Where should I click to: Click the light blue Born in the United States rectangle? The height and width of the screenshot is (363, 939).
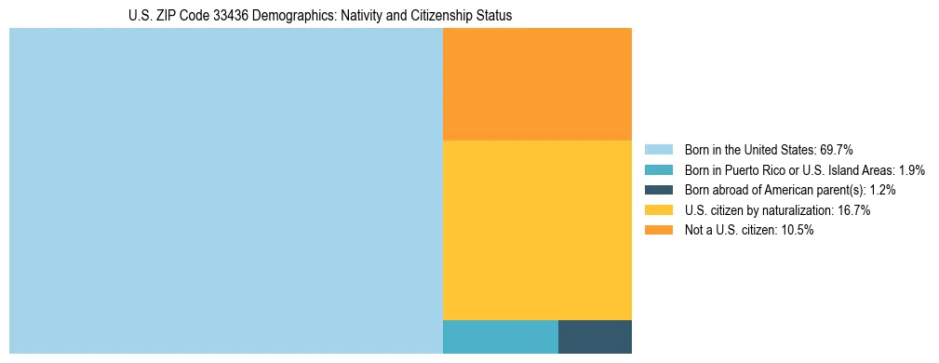point(225,191)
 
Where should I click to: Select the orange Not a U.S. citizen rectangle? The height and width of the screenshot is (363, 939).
point(537,84)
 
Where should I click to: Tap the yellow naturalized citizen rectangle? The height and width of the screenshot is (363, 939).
point(537,230)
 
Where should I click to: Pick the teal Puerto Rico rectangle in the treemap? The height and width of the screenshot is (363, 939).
point(500,337)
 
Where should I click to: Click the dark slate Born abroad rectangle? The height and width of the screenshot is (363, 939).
point(595,337)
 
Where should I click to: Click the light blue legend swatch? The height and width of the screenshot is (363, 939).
point(658,150)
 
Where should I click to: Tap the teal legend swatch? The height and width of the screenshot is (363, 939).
point(658,170)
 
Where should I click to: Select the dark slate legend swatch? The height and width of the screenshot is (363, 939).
point(658,190)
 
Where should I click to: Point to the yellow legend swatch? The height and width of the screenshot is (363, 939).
point(658,210)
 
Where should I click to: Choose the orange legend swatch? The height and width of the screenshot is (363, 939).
point(658,231)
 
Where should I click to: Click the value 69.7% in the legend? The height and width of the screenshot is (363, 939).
point(837,150)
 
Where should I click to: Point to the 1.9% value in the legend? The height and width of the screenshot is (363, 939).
point(912,170)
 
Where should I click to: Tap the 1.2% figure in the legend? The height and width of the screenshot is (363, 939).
point(882,190)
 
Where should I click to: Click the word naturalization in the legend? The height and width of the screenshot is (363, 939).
point(788,210)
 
